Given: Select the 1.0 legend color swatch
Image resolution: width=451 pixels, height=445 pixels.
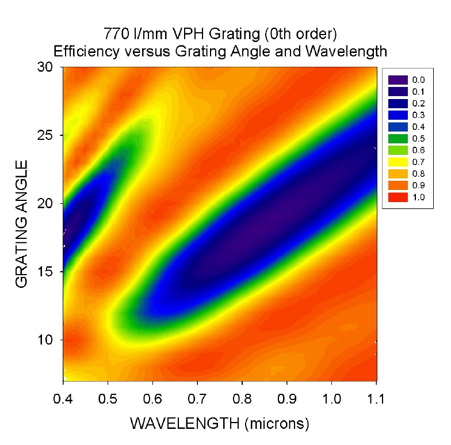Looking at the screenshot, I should (x=396, y=197).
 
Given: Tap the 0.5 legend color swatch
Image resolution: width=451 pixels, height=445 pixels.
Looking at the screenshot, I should (x=396, y=139).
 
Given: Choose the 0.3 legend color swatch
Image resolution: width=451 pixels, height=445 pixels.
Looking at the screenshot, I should (x=396, y=115).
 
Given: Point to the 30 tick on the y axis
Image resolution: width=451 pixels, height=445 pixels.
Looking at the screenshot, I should (x=45, y=67).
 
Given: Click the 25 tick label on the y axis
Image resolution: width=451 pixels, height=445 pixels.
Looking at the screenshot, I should (x=45, y=135).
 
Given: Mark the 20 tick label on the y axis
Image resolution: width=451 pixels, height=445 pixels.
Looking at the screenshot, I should (x=45, y=203).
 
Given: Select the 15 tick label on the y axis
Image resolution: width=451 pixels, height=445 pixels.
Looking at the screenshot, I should (x=45, y=271).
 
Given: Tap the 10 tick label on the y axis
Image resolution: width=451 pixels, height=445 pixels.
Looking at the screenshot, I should (x=45, y=340).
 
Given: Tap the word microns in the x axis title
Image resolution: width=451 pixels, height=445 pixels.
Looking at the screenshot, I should (x=275, y=425).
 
